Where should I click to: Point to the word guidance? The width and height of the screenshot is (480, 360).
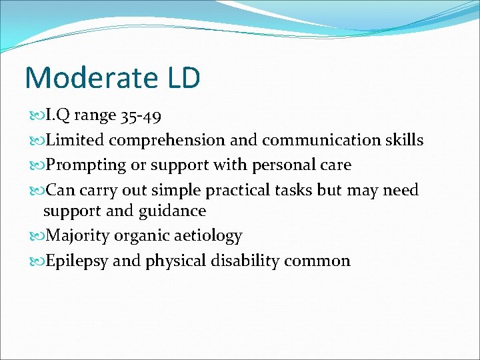(x=173, y=211)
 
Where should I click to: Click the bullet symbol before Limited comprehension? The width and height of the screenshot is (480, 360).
(x=35, y=141)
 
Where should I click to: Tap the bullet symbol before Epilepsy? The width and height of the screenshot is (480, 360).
(x=35, y=261)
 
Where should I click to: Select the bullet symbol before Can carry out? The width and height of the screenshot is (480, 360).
(x=35, y=190)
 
